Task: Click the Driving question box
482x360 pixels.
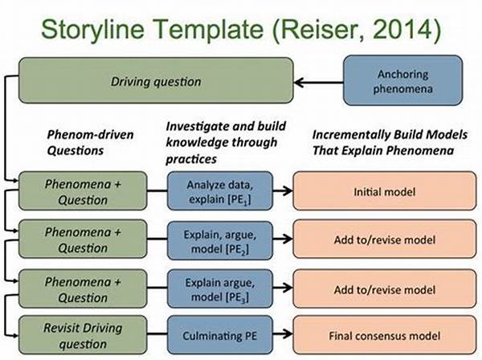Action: [x=156, y=80]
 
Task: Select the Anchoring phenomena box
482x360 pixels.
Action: [x=402, y=80]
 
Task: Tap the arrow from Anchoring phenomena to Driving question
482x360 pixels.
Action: [x=318, y=83]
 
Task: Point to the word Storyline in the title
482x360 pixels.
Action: [x=93, y=30]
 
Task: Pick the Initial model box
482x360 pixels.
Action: [x=385, y=191]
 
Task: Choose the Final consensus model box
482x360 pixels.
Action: [x=385, y=335]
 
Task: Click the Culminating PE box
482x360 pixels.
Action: [x=220, y=335]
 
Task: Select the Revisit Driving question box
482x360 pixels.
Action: [x=83, y=335]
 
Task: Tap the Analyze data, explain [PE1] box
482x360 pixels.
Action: [x=220, y=191]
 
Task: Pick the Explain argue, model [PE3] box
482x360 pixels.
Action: [x=220, y=288]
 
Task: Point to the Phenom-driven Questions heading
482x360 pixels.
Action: [x=90, y=143]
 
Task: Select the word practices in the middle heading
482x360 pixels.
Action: [x=191, y=159]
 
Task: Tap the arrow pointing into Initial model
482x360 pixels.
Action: [x=283, y=191]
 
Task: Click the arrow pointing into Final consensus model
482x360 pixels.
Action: [x=283, y=333]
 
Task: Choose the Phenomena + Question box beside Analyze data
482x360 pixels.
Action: [x=83, y=191]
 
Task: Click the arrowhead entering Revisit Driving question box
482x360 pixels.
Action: [x=16, y=335]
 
